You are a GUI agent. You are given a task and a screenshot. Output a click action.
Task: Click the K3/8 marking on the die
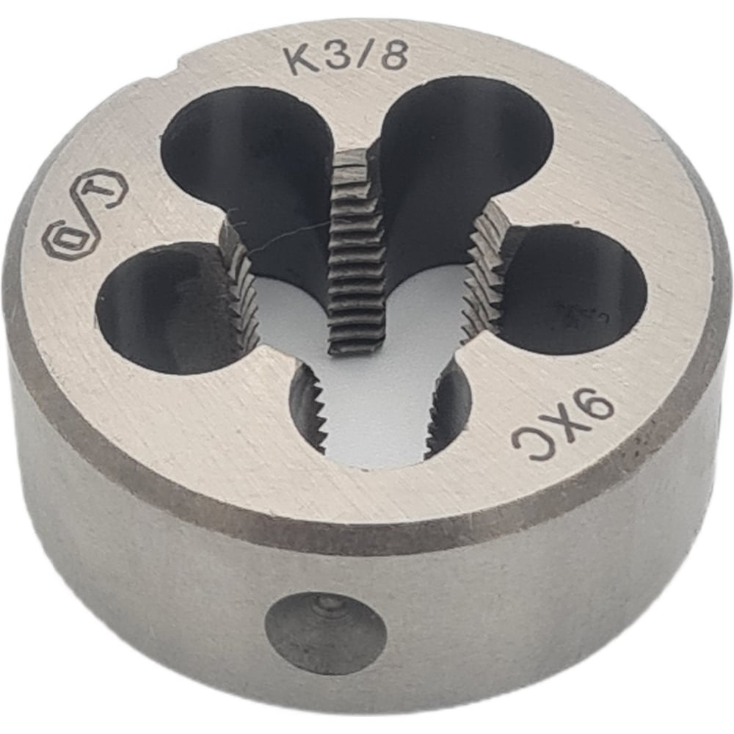(x=346, y=57)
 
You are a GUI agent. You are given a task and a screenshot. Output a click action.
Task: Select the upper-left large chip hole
(x=242, y=158)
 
